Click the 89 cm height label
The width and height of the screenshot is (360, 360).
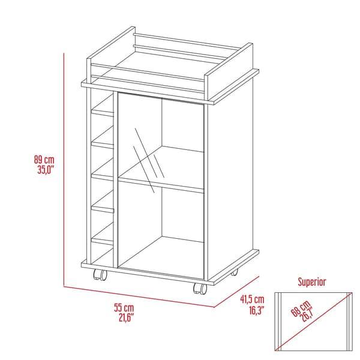point(44,160)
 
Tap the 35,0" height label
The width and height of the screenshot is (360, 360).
point(45,170)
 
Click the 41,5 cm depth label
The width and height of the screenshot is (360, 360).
point(252,299)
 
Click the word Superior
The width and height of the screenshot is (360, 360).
point(312,281)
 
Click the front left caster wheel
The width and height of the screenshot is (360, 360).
point(99,276)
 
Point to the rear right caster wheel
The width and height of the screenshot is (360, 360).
point(233,272)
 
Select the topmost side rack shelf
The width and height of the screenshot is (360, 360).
point(102,112)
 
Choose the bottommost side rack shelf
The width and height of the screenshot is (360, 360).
point(102,239)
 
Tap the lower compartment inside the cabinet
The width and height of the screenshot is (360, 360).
point(162,228)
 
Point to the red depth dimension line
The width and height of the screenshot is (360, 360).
point(237,292)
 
